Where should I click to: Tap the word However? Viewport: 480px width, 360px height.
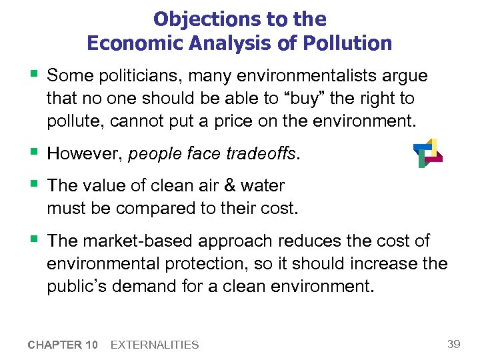[84, 154]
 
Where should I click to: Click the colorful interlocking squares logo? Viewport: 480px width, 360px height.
[427, 153]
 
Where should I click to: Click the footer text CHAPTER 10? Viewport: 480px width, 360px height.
[63, 345]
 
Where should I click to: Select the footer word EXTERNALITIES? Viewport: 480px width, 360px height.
[155, 345]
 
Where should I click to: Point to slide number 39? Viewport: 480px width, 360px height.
[454, 343]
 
